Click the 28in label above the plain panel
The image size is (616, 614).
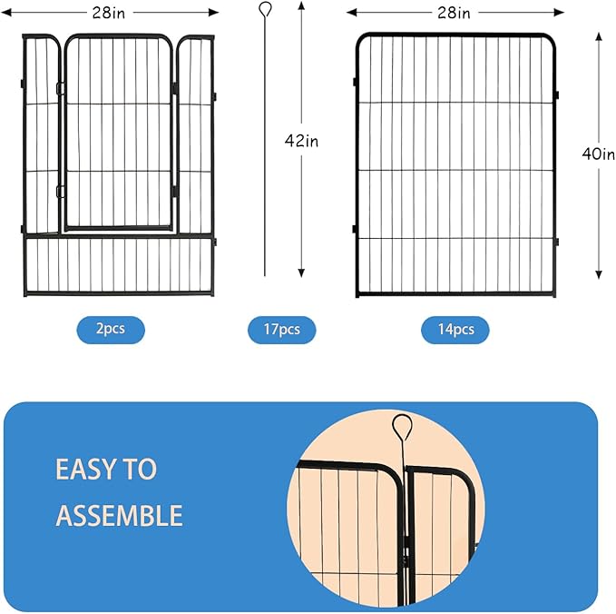click(454, 13)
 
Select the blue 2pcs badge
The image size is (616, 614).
click(110, 329)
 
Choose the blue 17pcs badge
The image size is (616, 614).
click(282, 330)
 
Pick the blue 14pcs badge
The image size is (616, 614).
click(455, 330)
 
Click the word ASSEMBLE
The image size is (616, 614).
click(119, 516)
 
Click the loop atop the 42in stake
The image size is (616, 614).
click(264, 10)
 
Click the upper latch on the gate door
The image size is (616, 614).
click(60, 88)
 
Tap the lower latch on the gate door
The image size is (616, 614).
click(60, 191)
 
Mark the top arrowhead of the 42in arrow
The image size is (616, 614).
click(300, 6)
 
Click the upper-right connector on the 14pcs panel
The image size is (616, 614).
click(556, 94)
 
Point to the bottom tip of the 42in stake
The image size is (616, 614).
click(265, 275)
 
